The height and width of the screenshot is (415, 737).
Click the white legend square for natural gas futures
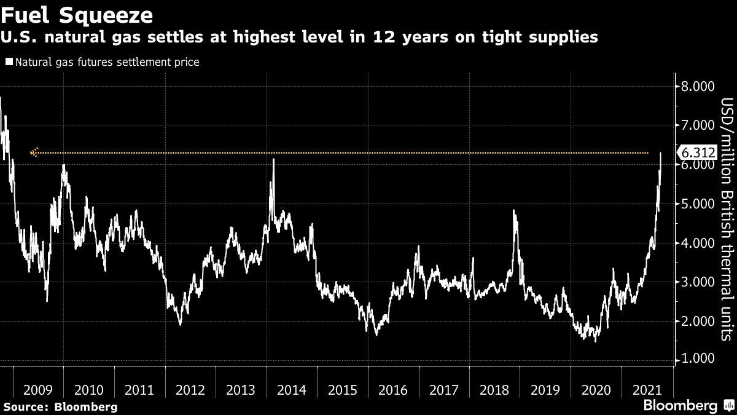9,62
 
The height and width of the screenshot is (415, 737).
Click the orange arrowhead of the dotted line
34,152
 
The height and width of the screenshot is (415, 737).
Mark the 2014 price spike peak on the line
273,160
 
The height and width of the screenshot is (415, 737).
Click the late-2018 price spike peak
513,211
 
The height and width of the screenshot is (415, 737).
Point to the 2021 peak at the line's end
660,153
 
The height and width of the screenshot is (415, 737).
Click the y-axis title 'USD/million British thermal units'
726,219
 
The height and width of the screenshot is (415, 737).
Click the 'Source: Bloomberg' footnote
60,406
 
